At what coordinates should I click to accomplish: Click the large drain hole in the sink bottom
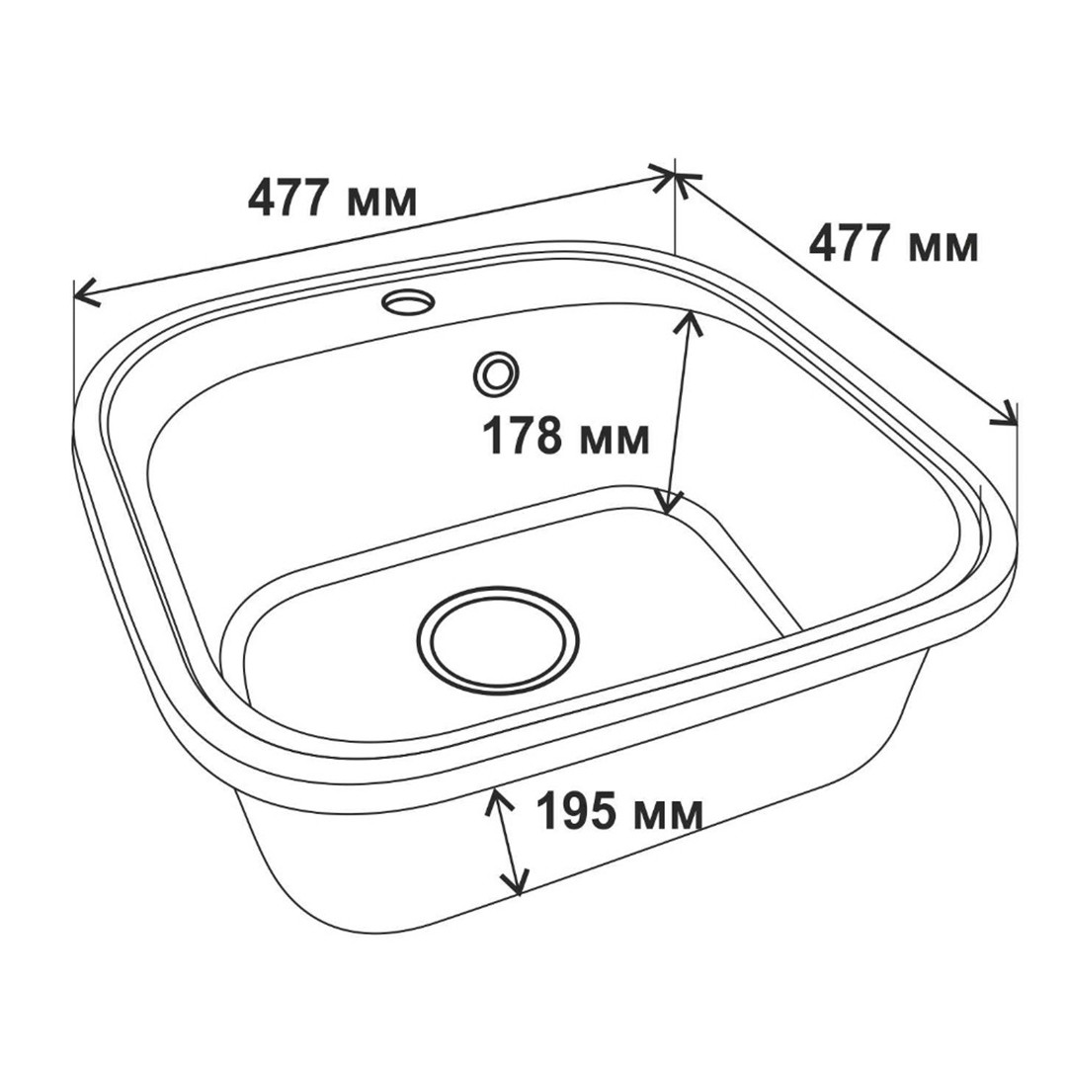498,641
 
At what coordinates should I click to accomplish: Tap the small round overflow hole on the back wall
496,373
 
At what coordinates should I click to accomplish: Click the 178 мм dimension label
565,436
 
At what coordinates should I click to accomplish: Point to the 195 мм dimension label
619,811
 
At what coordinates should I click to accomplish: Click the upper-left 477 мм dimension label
333,198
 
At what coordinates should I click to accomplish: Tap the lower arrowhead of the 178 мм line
669,502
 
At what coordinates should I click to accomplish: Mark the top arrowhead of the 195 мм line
497,801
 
